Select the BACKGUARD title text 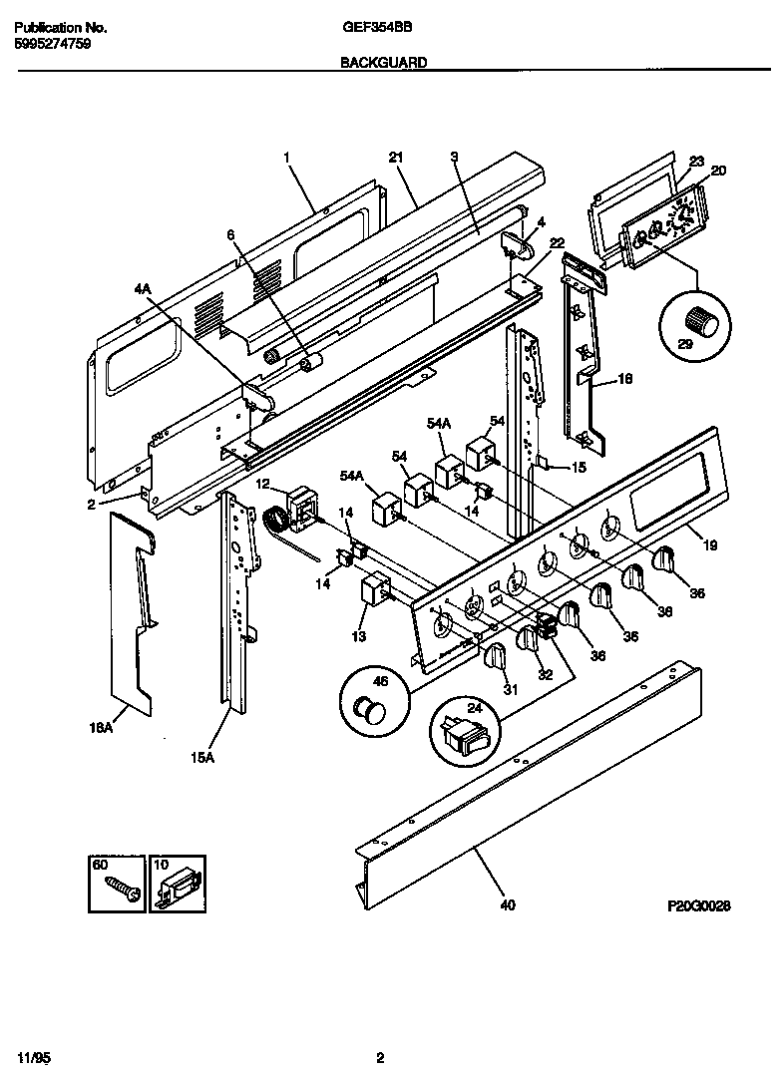tap(384, 62)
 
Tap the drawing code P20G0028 tap(699, 906)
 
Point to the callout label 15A tap(202, 758)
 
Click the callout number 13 tap(359, 636)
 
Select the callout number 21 tap(395, 157)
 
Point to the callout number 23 tap(696, 161)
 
